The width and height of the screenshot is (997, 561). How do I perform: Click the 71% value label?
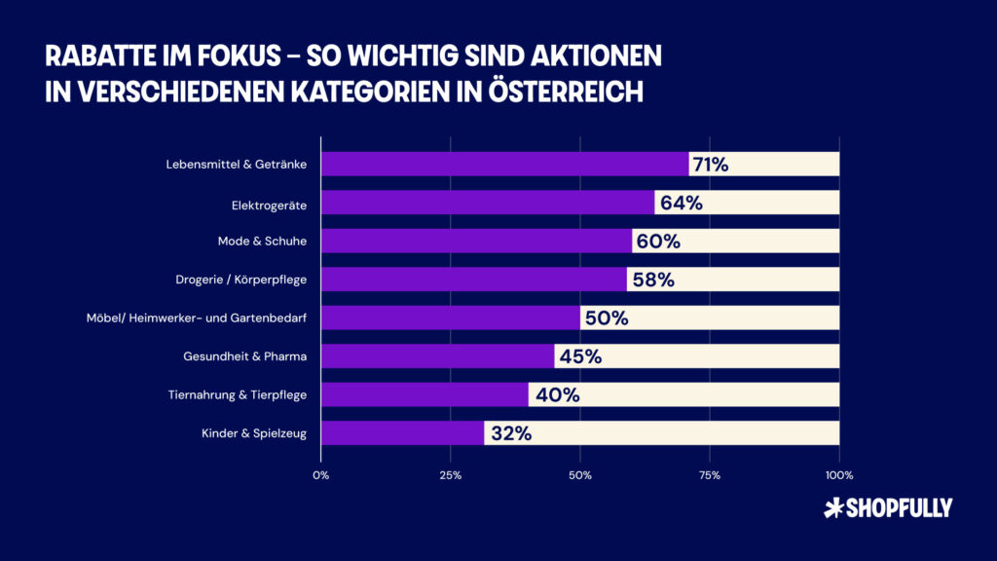709,164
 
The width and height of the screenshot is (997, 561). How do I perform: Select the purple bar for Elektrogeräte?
487,203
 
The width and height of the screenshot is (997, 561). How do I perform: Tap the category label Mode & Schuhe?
262,241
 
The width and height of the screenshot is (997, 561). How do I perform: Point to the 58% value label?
651,280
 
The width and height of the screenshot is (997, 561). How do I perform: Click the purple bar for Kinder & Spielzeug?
402,433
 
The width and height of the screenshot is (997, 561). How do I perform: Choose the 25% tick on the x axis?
450,475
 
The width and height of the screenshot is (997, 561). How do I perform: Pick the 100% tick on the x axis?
838,475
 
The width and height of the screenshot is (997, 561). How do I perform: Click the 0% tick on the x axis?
320,475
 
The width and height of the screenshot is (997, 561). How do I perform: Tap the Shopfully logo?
887,507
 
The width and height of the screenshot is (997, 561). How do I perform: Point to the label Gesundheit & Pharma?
245,356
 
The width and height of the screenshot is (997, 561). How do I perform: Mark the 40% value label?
555,394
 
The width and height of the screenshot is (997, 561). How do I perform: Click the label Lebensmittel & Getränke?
237,164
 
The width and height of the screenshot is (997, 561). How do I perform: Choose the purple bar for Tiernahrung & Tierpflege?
425,394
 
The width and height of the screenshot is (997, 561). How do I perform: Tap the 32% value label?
511,433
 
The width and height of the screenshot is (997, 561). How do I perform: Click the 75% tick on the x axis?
710,475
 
